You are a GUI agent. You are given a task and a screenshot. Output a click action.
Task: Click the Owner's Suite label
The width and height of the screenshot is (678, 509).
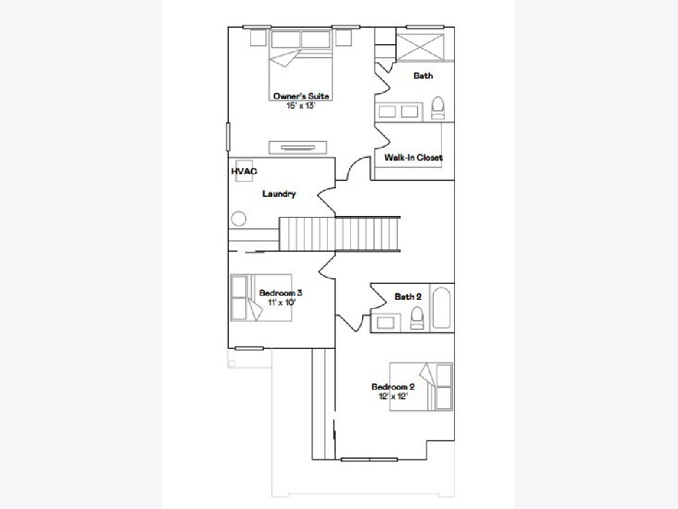301,96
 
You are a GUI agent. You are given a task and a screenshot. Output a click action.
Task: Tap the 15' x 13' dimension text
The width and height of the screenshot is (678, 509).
301,106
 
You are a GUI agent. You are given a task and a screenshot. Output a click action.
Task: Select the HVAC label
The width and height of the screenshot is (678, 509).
244,171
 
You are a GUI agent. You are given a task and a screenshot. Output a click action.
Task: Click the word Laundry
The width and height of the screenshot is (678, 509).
279,194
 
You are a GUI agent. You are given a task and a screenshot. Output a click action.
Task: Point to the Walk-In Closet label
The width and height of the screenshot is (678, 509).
413,157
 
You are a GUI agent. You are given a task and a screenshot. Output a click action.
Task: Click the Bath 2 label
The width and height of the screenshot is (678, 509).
408,297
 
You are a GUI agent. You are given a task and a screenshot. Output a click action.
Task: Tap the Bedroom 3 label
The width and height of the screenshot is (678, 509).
280,292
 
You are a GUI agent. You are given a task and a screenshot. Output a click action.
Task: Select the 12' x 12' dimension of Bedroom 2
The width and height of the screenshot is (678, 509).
393,396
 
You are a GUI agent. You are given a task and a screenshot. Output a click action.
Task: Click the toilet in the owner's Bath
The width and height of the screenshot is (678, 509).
438,108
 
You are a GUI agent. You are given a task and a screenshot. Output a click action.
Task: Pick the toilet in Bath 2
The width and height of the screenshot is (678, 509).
417,318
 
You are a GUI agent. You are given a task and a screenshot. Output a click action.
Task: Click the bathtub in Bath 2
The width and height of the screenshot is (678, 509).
441,308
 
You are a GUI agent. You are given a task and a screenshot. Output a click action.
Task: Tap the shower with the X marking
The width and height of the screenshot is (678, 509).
420,48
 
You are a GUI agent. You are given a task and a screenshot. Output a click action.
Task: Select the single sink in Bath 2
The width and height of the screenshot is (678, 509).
385,323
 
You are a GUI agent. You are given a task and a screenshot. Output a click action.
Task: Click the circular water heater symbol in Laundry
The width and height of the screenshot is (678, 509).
238,218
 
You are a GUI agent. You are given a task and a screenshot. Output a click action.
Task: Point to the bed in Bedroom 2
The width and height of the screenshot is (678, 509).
421,387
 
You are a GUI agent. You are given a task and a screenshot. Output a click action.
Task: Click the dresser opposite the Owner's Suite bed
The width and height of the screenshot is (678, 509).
298,148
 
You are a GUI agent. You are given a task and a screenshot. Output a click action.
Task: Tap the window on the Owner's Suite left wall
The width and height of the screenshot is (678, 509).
228,137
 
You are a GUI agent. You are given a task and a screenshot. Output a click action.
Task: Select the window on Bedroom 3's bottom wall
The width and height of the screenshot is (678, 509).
249,348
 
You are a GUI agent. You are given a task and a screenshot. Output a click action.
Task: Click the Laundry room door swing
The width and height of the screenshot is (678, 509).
326,201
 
